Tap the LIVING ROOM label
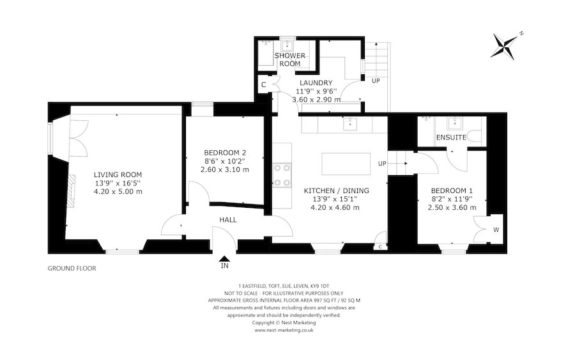pyautogui.click(x=118, y=175)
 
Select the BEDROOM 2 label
pyautogui.click(x=224, y=152)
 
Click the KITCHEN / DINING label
pyautogui.click(x=336, y=191)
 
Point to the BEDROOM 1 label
pyautogui.click(x=452, y=191)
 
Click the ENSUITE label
pyautogui.click(x=450, y=137)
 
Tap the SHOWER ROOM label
pyautogui.click(x=287, y=59)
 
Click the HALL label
pyautogui.click(x=228, y=220)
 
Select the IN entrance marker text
pyautogui.click(x=224, y=265)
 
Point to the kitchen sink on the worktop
pyautogui.click(x=350, y=123)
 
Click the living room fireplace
pyautogui.click(x=72, y=187)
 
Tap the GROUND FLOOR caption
pyautogui.click(x=72, y=269)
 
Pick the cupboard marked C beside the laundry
pyautogui.click(x=263, y=85)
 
